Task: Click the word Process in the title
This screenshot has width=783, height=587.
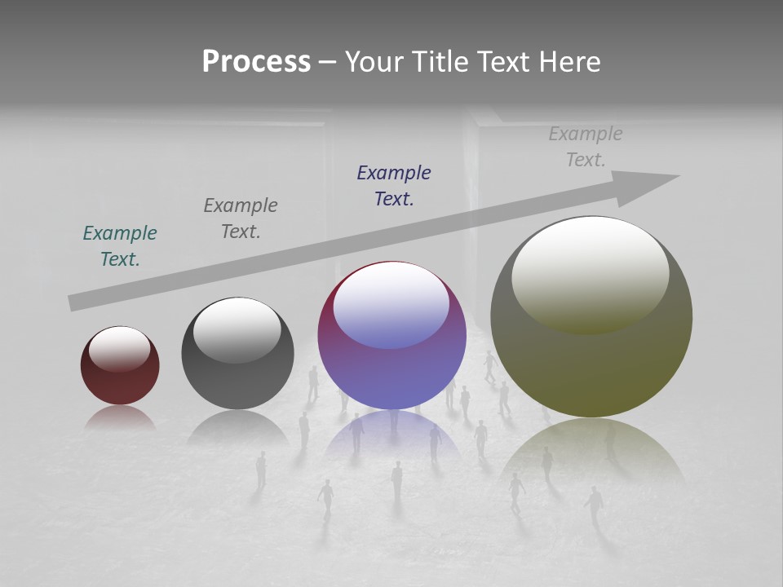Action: pos(256,62)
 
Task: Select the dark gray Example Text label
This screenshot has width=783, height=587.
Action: pos(241,218)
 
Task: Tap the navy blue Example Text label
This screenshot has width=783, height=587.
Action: pos(394,186)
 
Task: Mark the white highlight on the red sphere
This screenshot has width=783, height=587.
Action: pos(120,349)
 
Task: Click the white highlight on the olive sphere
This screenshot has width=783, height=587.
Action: pos(591,273)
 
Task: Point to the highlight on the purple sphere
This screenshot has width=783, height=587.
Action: pos(391,304)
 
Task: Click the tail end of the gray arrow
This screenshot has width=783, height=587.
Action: pos(76,302)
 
